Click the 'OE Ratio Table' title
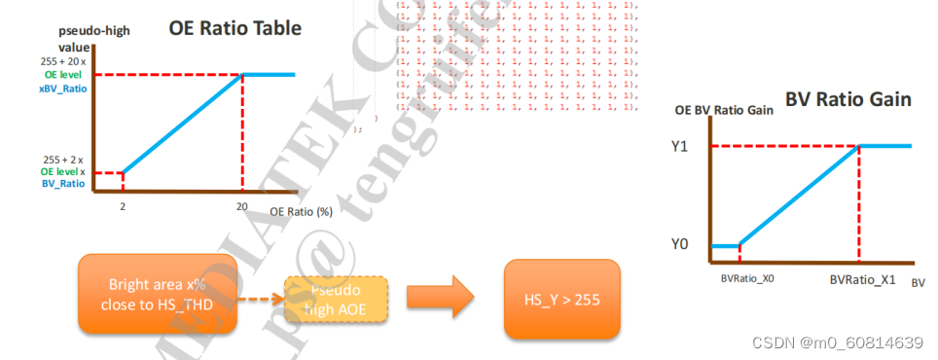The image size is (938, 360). coord(234,28)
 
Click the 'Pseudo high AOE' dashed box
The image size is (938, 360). coord(336,299)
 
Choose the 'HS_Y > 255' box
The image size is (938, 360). coord(562,300)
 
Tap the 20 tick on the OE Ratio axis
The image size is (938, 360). coord(240,207)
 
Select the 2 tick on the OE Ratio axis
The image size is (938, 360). coord(122,207)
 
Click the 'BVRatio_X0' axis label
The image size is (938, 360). coord(746,279)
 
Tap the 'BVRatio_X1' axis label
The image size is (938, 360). coord(861,279)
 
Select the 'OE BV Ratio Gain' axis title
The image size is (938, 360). coord(724,110)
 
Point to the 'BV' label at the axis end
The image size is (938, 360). coord(919,281)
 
